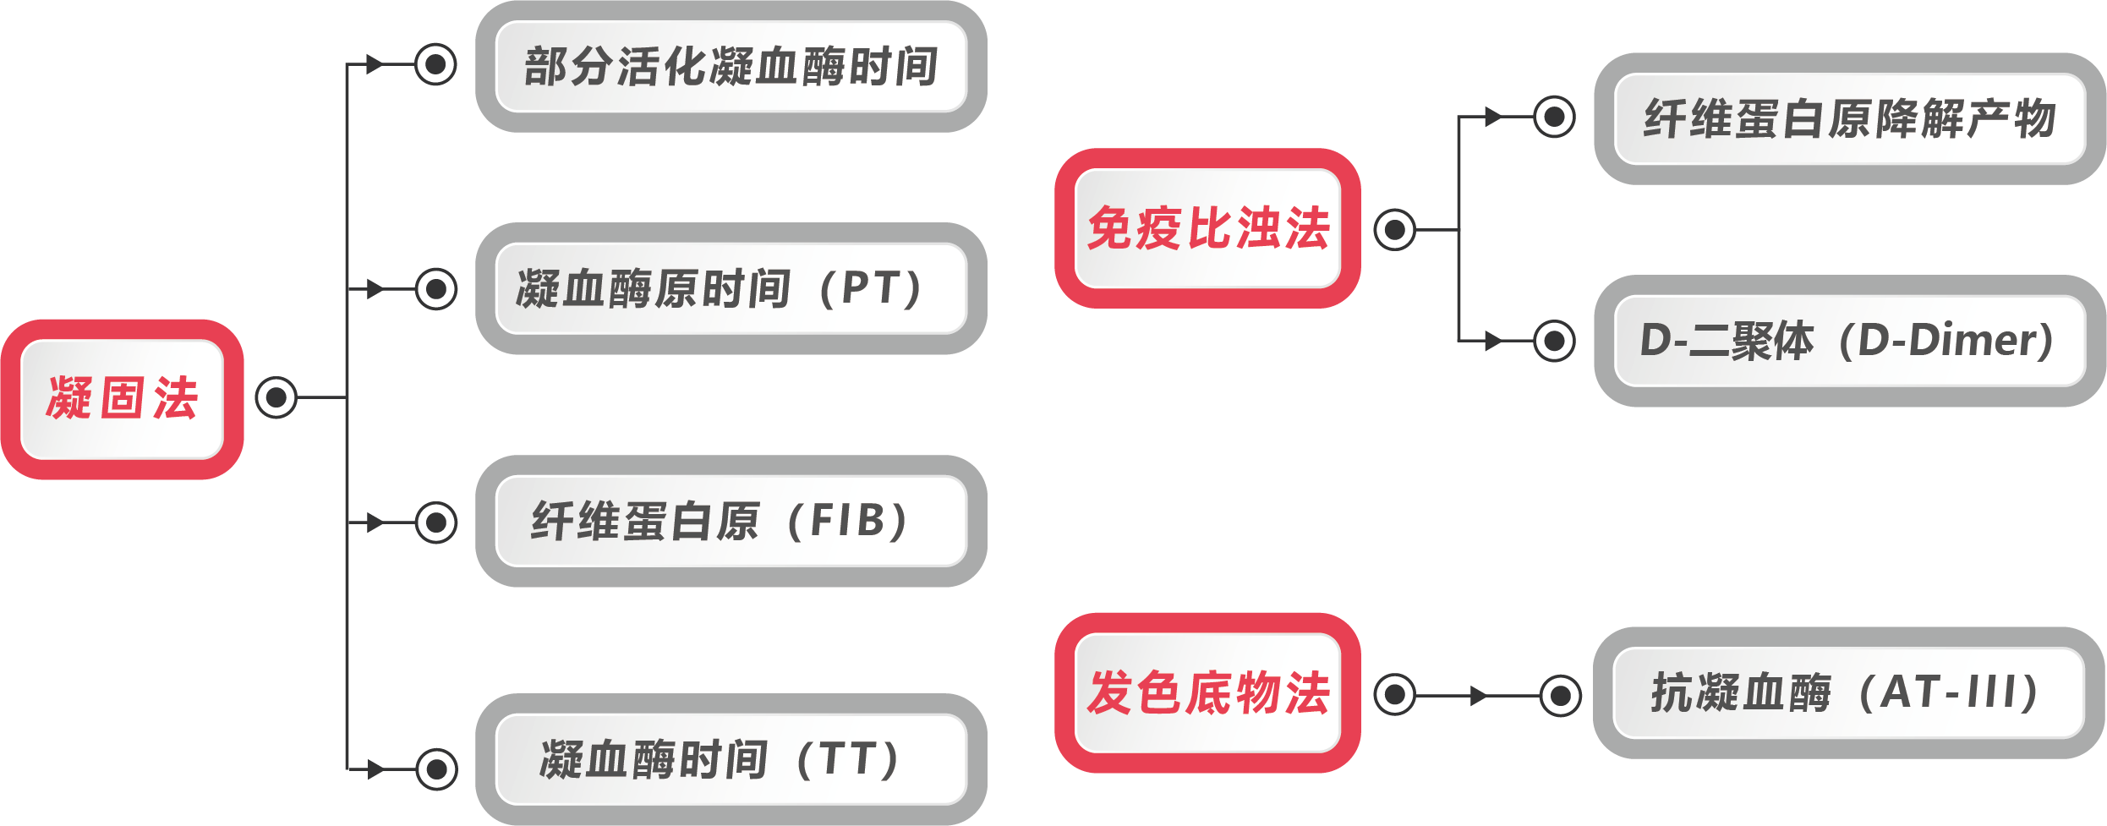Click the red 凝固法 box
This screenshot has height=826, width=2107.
(122, 399)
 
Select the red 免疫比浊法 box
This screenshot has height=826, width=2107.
(1207, 228)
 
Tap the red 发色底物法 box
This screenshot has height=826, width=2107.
(1207, 692)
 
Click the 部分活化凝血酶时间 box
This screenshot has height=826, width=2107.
(731, 66)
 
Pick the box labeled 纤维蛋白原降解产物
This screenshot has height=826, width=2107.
(1849, 118)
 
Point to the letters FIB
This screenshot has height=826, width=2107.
(846, 520)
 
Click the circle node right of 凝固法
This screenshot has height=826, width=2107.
(276, 397)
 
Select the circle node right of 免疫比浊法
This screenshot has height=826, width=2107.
(1394, 229)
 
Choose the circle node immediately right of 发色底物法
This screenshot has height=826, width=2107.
(1394, 695)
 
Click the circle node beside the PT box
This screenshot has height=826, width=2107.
(436, 289)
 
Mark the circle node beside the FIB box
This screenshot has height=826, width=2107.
(436, 522)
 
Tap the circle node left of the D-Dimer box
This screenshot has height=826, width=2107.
(1554, 341)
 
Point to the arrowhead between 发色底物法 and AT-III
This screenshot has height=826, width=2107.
(1479, 696)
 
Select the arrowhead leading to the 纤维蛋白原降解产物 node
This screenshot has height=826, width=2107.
(1493, 117)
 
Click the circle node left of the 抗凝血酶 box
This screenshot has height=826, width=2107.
(1560, 696)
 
